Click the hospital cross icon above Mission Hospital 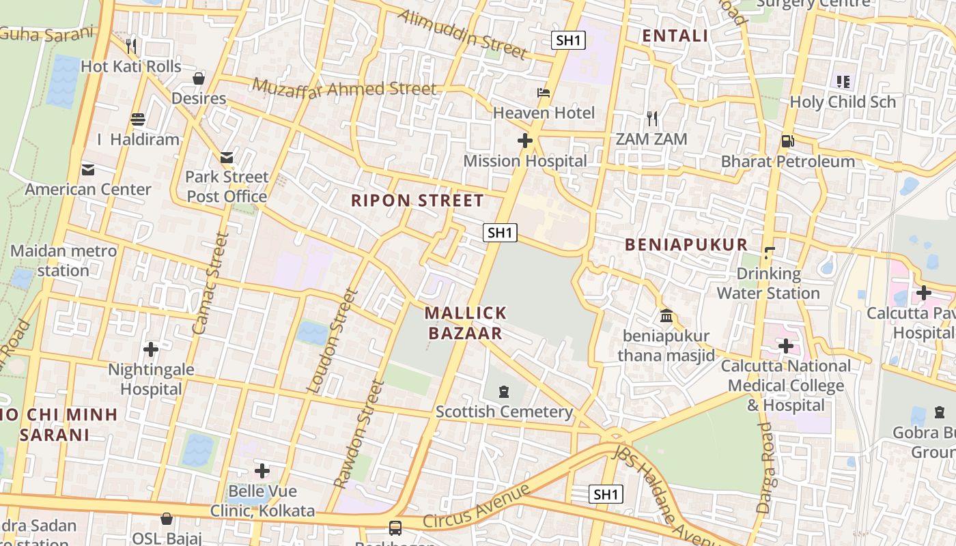coord(524,141)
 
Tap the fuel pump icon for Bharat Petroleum coord(788,141)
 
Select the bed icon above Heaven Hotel coord(544,92)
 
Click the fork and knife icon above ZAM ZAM coord(652,119)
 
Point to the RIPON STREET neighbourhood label coord(417,201)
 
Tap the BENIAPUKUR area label coord(686,244)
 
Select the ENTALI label coord(675,36)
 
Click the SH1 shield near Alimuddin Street coord(568,40)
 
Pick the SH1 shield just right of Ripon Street coord(500,233)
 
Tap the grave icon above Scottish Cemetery coord(504,391)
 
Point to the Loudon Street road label coord(333,341)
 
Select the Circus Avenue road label coord(476,507)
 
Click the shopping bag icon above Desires coord(199,78)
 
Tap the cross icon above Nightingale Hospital coord(151,349)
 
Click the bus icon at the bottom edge coord(395,528)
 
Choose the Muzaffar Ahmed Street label coord(344,88)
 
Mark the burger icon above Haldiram coord(138,119)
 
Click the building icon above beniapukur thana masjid coord(666,316)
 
